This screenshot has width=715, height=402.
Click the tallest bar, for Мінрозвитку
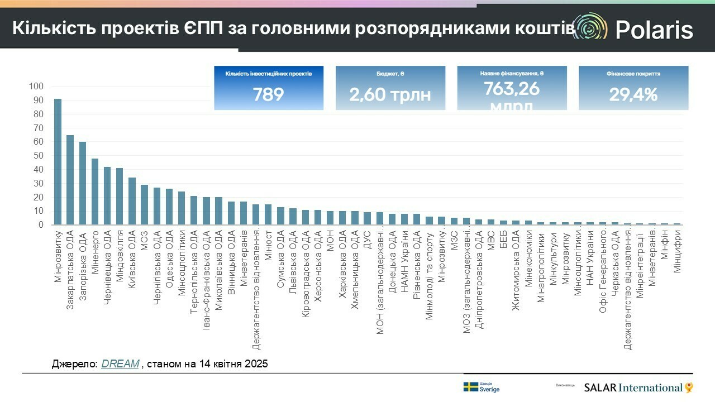click(58, 162)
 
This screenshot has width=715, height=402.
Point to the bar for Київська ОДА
click(132, 201)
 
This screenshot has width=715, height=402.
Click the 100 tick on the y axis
click(36, 87)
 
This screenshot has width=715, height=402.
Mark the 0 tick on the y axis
click(40, 225)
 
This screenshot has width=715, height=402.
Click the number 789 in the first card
click(268, 94)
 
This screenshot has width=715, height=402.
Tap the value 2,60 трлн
click(390, 94)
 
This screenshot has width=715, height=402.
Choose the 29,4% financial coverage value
click(633, 94)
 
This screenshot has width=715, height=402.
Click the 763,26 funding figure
click(512, 88)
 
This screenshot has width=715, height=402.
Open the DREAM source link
click(120, 364)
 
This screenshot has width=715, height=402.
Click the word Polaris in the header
click(654, 30)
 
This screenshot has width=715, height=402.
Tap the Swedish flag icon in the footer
click(470, 387)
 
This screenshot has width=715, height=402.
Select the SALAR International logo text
click(633, 387)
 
